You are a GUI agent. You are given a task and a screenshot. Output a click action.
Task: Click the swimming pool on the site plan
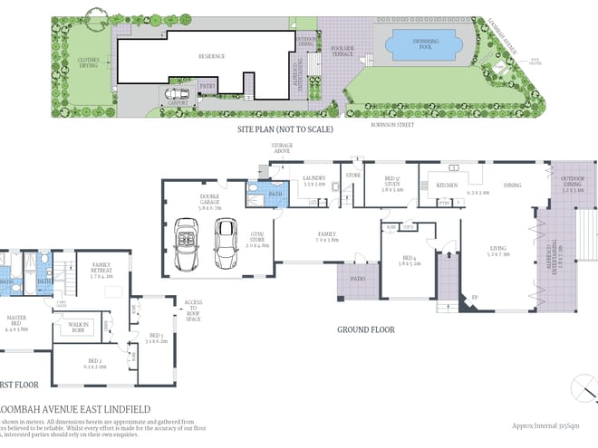(423, 43)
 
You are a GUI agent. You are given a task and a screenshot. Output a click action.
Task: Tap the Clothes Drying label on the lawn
(89, 62)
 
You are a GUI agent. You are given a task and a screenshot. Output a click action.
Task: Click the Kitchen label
(448, 185)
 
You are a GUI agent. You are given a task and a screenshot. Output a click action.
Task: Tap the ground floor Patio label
(358, 278)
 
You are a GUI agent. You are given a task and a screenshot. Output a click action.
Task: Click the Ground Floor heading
(367, 329)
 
